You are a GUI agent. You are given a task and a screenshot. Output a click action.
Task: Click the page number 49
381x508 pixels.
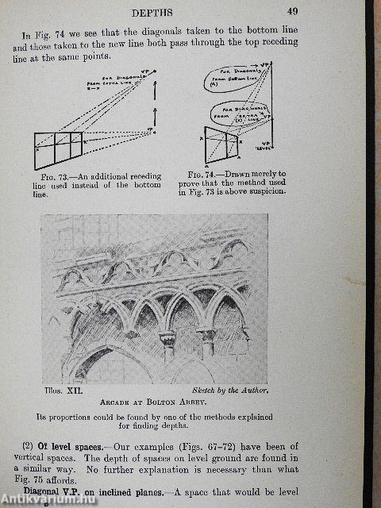pyautogui.click(x=292, y=11)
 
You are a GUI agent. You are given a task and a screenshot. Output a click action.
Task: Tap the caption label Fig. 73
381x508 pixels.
pyautogui.click(x=51, y=175)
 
